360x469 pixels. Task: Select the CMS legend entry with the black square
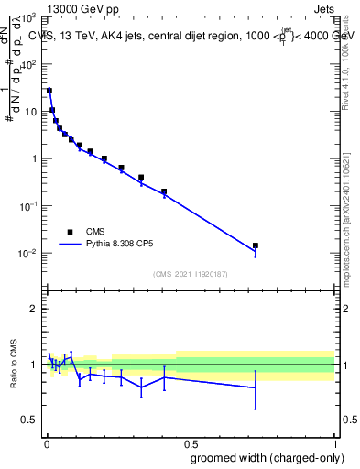coord(69,232)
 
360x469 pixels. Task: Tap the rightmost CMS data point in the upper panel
coord(256,245)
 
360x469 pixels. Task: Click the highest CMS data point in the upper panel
coord(49,91)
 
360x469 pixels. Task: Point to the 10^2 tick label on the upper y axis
coord(27,64)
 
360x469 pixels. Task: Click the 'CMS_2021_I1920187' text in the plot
coord(189,273)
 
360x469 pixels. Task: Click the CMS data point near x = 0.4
coord(164,191)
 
